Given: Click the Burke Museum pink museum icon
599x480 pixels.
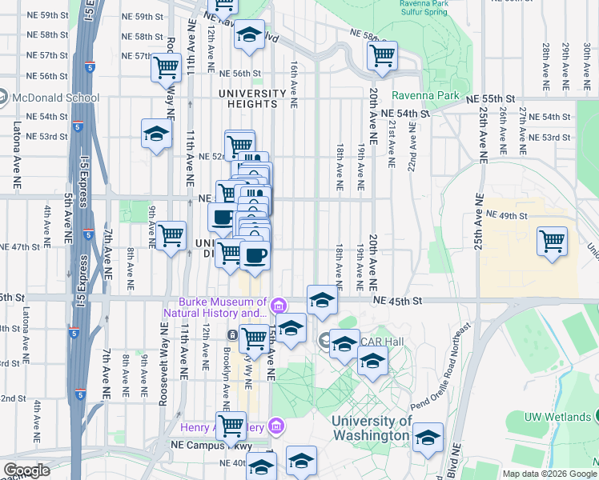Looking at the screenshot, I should (x=278, y=305).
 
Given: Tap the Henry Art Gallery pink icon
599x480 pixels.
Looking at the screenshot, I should (x=276, y=425).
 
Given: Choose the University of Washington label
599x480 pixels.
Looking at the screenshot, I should (x=372, y=428).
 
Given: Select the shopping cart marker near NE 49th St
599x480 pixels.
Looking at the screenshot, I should (x=552, y=241).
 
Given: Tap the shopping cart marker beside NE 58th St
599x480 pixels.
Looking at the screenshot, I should (x=382, y=55).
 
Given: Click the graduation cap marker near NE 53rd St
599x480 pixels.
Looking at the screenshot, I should (x=156, y=133).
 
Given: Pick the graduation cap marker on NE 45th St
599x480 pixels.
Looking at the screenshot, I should (x=322, y=300).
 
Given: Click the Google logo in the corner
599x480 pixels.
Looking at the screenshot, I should (x=26, y=470).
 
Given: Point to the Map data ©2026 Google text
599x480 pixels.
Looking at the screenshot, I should (x=549, y=474).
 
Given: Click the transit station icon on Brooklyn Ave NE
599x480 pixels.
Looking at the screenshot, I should (x=231, y=334).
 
